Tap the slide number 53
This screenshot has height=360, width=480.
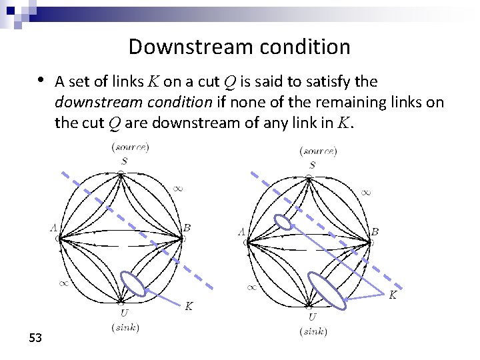[35, 339]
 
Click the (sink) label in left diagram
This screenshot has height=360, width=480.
[127, 327]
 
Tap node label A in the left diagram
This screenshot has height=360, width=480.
[53, 228]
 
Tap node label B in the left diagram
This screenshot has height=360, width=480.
[187, 228]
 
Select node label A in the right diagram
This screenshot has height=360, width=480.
[241, 232]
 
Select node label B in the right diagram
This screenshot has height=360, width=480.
[375, 232]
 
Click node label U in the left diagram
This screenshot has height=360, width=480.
[124, 313]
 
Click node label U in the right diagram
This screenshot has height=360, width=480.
[312, 317]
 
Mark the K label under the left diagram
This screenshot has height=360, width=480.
[189, 306]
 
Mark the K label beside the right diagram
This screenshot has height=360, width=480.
[393, 294]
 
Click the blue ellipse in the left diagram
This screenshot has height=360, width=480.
[134, 284]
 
